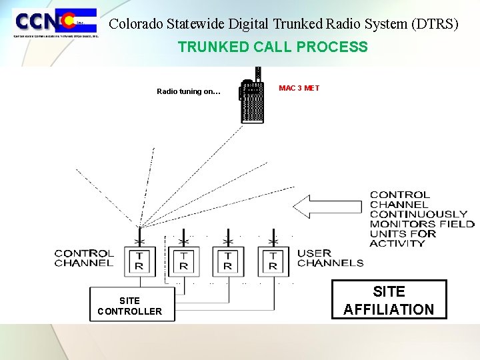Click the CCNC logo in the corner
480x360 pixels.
click(x=56, y=23)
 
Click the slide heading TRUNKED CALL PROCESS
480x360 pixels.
click(x=272, y=47)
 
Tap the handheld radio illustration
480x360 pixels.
click(x=252, y=99)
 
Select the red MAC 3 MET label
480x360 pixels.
click(x=299, y=88)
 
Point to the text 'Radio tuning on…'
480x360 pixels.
click(x=188, y=91)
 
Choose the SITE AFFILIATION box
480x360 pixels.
click(x=389, y=300)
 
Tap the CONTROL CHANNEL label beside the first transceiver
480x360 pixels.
click(x=84, y=258)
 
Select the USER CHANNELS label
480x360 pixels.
click(x=330, y=258)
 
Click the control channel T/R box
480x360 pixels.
click(x=140, y=261)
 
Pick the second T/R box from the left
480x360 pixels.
click(x=183, y=261)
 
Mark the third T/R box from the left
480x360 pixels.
click(x=228, y=261)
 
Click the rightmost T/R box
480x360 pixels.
click(x=273, y=261)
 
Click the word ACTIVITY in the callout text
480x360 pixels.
click(x=397, y=243)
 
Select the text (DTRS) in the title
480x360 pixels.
click(x=435, y=24)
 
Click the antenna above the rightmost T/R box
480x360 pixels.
click(x=273, y=237)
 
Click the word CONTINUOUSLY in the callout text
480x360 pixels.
click(x=418, y=214)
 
